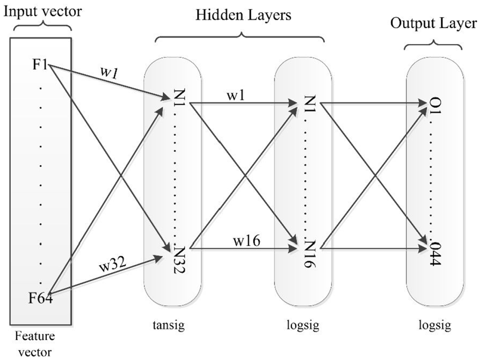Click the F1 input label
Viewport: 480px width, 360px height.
point(40,65)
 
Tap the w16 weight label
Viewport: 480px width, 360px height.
point(247,241)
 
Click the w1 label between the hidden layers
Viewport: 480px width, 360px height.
point(237,95)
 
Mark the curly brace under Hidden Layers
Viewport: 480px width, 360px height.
point(241,35)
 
